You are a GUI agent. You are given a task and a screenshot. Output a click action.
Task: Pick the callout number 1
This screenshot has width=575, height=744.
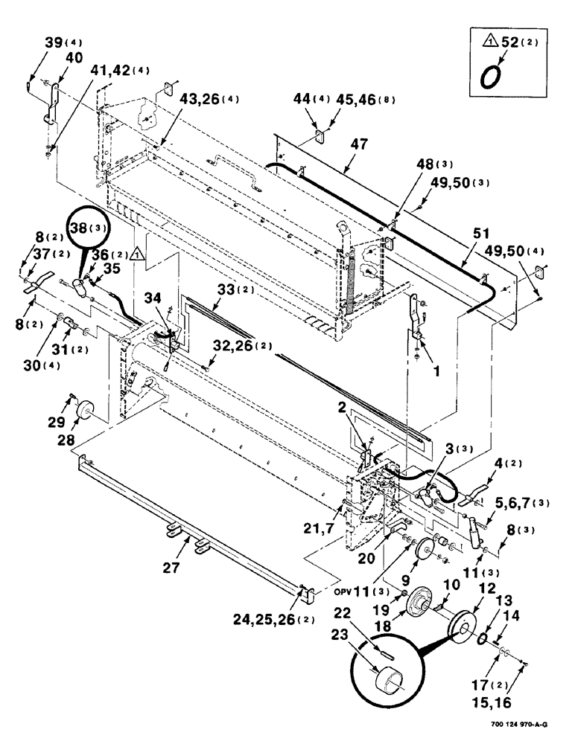(x=425, y=366)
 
